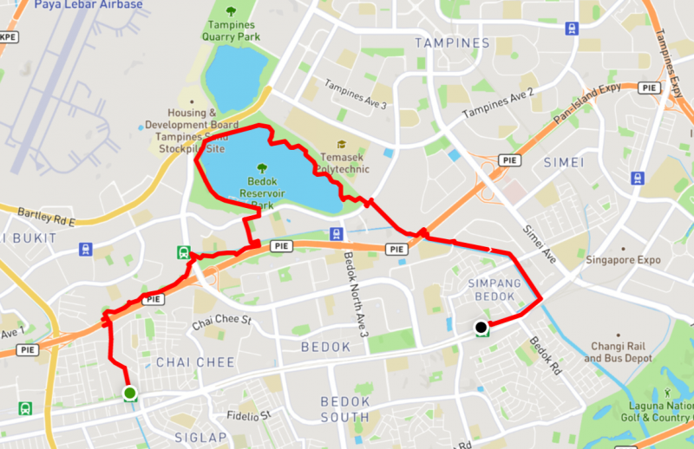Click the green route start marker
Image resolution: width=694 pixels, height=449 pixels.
[129, 394]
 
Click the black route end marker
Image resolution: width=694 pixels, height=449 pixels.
[480, 328]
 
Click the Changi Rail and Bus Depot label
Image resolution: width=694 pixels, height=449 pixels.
[620, 352]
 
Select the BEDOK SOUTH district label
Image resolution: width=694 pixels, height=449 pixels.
[345, 408]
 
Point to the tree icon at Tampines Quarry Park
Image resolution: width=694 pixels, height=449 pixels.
[232, 10]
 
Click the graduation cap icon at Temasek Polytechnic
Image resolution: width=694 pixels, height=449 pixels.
[342, 145]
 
